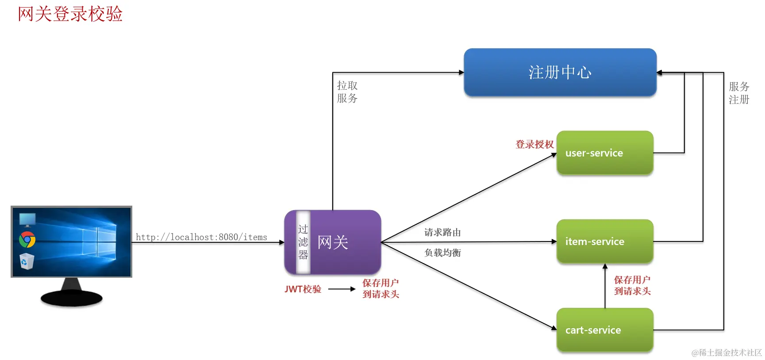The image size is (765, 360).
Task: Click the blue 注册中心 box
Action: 560,72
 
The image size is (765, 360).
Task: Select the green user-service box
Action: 604,153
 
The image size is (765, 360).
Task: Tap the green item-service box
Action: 604,241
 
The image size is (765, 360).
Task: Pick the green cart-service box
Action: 604,330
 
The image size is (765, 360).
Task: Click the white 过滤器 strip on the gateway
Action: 303,242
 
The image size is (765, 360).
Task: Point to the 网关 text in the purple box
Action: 333,242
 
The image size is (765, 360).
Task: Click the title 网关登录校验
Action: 70,14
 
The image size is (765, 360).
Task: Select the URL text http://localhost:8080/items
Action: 201,237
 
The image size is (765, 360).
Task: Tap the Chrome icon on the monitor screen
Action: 27,240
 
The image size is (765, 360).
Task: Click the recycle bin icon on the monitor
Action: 27,261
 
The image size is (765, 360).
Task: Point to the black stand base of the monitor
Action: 71,299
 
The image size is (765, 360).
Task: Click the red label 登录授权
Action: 534,144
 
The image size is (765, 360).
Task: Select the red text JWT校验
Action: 303,289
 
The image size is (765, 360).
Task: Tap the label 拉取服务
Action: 347,92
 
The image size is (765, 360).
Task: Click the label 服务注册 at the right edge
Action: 739,93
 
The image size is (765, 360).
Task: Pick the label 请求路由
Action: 442,233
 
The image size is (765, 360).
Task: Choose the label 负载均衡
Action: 442,253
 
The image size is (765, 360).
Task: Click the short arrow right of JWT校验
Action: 342,289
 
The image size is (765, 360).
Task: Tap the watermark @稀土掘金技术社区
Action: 727,352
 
